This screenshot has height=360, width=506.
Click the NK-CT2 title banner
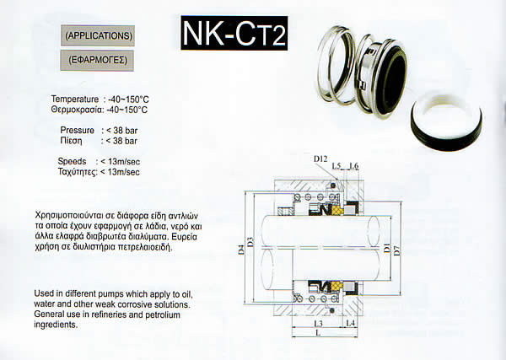point(234,33)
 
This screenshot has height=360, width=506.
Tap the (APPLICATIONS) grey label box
point(98,35)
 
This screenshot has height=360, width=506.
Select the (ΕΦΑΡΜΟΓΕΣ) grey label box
point(97,61)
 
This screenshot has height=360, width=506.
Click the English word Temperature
point(75,99)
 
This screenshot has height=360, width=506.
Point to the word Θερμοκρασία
point(76,110)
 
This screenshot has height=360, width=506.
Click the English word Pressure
point(77,131)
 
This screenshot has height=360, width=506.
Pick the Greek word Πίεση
point(72,141)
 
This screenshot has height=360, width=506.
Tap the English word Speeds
point(72,161)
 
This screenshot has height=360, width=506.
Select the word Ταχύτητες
point(77,172)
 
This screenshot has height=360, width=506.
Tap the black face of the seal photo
point(391,80)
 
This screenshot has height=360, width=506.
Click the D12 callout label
point(320,159)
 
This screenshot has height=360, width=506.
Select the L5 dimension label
point(336,166)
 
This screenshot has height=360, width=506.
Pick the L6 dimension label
point(354,166)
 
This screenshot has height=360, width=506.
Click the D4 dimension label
point(241,250)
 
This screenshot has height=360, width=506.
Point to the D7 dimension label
point(397,250)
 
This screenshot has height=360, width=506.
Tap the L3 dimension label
point(318,323)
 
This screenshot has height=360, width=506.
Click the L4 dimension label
point(351,323)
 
